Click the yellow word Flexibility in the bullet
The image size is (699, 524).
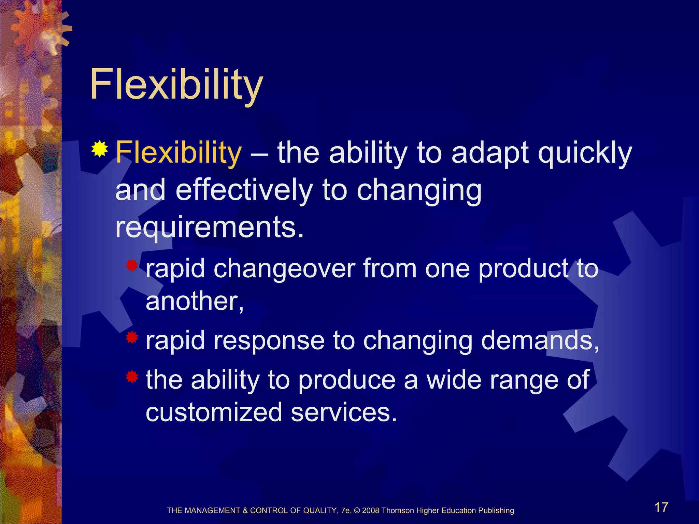pyautogui.click(x=179, y=152)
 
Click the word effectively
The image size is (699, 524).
pyautogui.click(x=244, y=190)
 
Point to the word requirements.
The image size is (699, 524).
pyautogui.click(x=209, y=227)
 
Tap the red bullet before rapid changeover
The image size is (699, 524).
pyautogui.click(x=132, y=265)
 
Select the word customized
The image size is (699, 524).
pyautogui.click(x=214, y=412)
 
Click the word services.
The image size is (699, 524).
pyautogui.click(x=344, y=412)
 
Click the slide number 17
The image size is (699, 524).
pyautogui.click(x=661, y=507)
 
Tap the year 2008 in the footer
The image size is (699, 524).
pyautogui.click(x=371, y=511)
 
